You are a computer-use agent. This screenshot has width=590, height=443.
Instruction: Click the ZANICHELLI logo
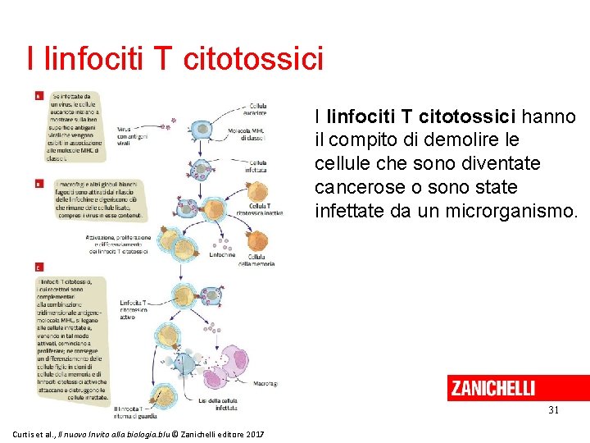(492, 388)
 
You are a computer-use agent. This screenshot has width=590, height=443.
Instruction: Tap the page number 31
(552, 409)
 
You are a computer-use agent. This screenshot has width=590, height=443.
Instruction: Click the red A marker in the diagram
(39, 95)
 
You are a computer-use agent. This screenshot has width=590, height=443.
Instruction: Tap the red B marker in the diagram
(39, 184)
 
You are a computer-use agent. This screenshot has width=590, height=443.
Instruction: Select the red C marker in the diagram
(39, 267)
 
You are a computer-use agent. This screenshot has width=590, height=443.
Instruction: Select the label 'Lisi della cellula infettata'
(217, 403)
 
